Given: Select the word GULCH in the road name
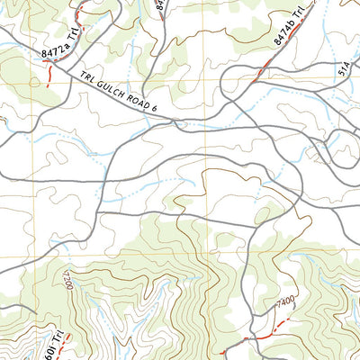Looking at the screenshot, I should coord(112,90).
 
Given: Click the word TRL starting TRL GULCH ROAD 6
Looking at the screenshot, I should coord(86,79).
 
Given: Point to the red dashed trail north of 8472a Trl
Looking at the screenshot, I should coord(79,13).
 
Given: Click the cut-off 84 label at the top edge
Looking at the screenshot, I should coord(159,4).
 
